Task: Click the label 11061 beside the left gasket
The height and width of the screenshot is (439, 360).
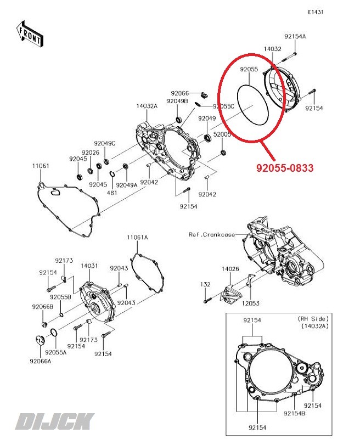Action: coord(40,165)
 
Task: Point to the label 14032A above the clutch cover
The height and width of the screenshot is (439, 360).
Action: coord(147,106)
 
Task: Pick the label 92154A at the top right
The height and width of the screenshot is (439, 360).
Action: coord(295,36)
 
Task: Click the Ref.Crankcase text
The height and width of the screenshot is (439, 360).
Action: coord(211,234)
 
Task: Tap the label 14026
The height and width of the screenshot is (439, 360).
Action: coord(230,269)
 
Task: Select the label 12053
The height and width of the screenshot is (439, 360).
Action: coord(251,303)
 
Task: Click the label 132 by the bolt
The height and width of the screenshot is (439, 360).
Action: coord(205,284)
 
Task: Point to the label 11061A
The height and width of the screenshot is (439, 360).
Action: coord(137,238)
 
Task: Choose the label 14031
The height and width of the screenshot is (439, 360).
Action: coord(89,266)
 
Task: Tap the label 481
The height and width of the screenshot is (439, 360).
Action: coord(111,193)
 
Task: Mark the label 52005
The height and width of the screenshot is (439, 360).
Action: coord(222,134)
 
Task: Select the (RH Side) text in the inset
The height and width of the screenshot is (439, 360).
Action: coord(313,319)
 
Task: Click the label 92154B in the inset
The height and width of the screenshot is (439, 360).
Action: coord(294,413)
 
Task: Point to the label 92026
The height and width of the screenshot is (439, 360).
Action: coord(91,153)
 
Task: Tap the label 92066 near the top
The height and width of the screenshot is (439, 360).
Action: coord(179,93)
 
